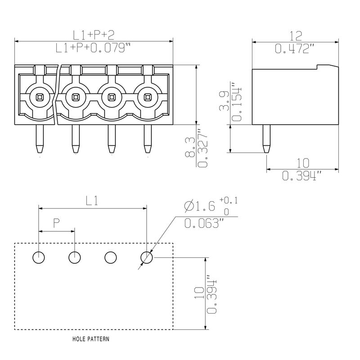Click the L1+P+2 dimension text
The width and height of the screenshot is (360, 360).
coord(93,35)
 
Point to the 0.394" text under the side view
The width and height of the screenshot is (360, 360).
coord(302,176)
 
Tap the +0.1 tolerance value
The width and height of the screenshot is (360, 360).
coord(228,200)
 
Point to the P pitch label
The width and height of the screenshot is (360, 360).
coord(57,223)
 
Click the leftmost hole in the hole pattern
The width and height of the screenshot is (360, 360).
coord(39,257)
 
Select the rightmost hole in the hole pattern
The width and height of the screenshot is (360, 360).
coord(147,257)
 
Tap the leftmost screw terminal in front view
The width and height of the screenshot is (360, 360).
coord(39,96)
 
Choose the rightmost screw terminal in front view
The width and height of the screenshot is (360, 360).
coord(147,96)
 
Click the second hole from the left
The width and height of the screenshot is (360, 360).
coord(75,257)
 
